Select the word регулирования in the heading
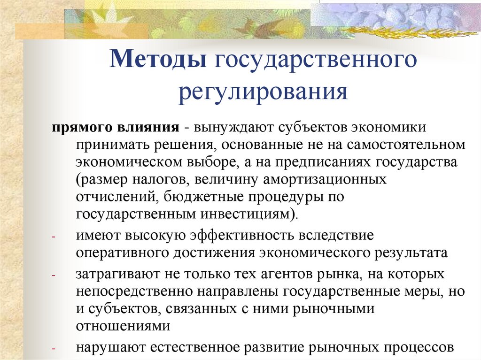[x=263, y=91]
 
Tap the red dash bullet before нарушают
[x=54, y=349]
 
